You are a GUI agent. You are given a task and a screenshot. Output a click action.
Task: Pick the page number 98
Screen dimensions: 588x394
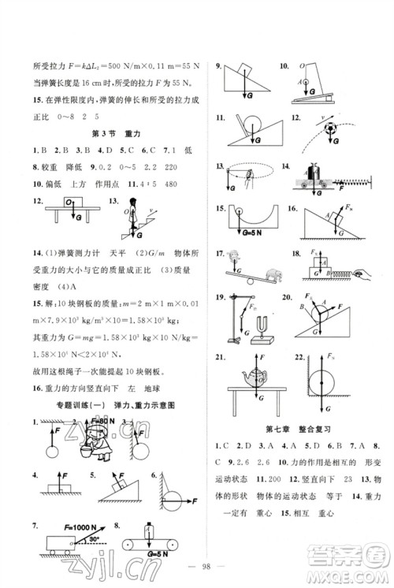pos(197,569)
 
